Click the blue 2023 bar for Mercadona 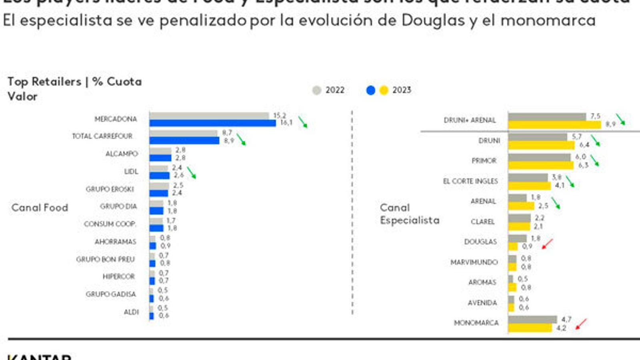point(212,123)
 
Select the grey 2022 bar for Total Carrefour point(184,133)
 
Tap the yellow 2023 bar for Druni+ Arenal point(554,125)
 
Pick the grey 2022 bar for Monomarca point(532,320)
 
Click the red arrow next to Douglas point(547,244)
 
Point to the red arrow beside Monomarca point(581,324)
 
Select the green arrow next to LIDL point(192,173)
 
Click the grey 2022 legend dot point(316,90)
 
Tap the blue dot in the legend point(371,90)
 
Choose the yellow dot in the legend point(384,90)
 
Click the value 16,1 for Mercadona point(286,123)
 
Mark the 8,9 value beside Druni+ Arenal point(610,124)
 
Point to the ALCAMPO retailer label point(122,154)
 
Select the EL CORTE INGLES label point(470,181)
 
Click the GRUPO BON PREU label point(105,260)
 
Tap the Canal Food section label point(40,208)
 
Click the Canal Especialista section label point(409,214)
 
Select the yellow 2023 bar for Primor point(541,165)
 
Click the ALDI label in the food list point(131,312)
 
